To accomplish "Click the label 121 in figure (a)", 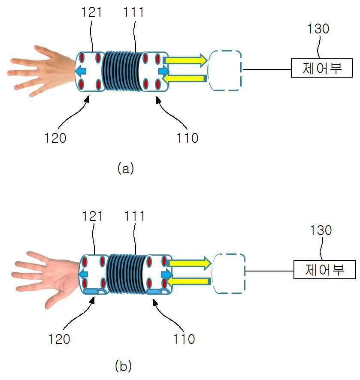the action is (x=92, y=12).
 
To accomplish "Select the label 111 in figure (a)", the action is (x=134, y=12).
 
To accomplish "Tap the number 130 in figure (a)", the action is (x=318, y=29).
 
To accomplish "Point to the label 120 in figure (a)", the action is (x=55, y=138).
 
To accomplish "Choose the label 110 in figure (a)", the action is (x=188, y=138).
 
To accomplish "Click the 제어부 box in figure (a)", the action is (x=322, y=68).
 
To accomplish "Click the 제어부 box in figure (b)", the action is (x=324, y=269).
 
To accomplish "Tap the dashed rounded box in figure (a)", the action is (x=225, y=70).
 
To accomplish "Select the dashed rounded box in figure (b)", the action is (x=228, y=274).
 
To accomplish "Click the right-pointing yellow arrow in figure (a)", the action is (x=186, y=60).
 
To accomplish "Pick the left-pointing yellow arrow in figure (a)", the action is (x=184, y=78).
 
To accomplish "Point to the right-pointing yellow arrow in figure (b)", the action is (x=190, y=263).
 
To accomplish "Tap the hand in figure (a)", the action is (x=41, y=71).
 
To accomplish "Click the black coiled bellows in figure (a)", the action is (x=123, y=71).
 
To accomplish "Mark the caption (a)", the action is (x=126, y=168).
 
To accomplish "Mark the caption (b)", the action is (x=124, y=366).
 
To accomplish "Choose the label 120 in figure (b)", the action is (x=59, y=339).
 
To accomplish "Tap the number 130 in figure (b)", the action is (x=321, y=230).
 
